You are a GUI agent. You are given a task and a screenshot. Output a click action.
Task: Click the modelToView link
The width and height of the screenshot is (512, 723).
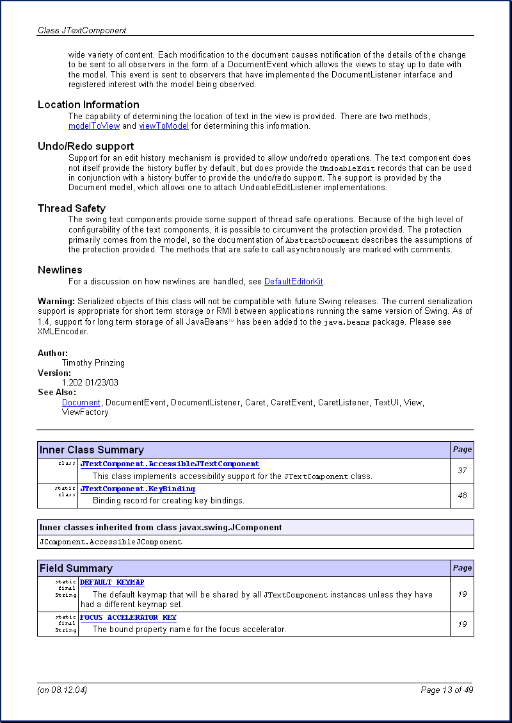tap(94, 126)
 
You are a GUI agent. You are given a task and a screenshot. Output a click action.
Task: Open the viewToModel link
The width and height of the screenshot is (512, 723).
tap(164, 126)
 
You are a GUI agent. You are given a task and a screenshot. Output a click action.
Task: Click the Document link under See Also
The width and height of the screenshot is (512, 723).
tap(81, 402)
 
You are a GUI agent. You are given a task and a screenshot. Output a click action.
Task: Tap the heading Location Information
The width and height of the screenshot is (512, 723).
tap(88, 104)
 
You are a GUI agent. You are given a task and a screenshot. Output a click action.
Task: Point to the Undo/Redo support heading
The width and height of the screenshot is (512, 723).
tap(86, 146)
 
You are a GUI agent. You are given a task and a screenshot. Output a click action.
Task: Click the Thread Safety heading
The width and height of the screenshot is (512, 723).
tap(72, 208)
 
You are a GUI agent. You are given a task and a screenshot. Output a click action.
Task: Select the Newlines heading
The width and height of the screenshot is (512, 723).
tap(60, 270)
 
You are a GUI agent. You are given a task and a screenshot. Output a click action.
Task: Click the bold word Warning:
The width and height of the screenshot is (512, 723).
tap(56, 301)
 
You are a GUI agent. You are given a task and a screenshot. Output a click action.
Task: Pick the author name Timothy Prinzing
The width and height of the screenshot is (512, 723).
tap(93, 362)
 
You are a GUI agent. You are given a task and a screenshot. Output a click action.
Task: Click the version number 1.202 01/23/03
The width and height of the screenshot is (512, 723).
tap(90, 382)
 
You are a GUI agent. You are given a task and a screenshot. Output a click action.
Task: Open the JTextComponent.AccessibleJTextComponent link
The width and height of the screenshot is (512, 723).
tap(170, 464)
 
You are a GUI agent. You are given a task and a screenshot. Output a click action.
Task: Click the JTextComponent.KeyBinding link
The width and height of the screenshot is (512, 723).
tap(138, 489)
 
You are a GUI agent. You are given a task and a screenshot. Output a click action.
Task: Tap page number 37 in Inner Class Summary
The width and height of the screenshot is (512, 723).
tap(462, 471)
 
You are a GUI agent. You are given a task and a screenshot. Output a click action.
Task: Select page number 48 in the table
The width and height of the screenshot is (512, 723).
tap(462, 495)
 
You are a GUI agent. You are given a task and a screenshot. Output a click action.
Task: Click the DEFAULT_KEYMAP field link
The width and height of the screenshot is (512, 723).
tap(112, 582)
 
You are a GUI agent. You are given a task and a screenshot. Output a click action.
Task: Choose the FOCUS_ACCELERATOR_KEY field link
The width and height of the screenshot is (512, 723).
tap(128, 617)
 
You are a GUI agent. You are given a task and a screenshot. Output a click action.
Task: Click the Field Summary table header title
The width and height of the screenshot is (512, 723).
tap(76, 568)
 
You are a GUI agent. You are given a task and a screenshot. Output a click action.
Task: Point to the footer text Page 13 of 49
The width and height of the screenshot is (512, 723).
tap(447, 690)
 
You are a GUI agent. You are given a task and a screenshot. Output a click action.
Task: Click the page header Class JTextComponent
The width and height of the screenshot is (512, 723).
tap(82, 30)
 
